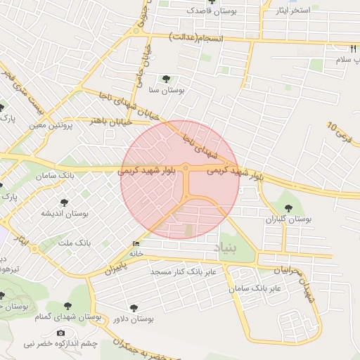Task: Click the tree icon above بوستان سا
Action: (166, 79)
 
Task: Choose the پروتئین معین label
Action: (51, 126)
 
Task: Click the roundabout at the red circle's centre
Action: (186, 167)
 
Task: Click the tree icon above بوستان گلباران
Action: (288, 208)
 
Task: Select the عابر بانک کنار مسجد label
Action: (186, 271)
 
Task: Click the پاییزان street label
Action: (118, 267)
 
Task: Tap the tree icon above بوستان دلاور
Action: (134, 308)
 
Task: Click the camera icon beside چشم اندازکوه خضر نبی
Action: (60, 333)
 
